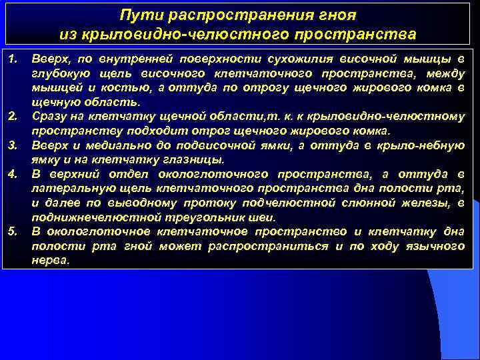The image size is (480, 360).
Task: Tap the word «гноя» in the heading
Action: [338, 14]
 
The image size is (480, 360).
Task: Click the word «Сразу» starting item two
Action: [49, 117]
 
